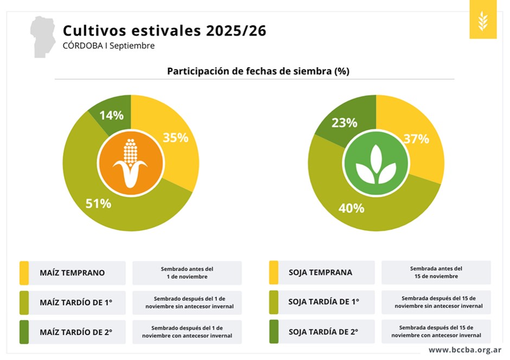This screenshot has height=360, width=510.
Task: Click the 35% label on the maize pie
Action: click(x=175, y=138)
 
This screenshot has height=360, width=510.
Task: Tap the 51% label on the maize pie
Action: click(x=98, y=204)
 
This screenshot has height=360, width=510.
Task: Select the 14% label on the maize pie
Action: click(x=111, y=115)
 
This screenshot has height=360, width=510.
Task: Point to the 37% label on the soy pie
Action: click(x=416, y=139)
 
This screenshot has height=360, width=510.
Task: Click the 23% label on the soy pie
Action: click(x=345, y=123)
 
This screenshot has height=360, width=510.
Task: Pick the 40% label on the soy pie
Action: click(x=351, y=208)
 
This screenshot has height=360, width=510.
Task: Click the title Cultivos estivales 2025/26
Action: click(x=164, y=30)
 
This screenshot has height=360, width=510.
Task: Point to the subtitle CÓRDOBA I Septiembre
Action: click(x=109, y=46)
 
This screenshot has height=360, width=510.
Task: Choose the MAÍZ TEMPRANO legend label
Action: click(x=72, y=273)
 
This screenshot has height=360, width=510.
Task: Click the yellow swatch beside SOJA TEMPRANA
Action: click(x=273, y=273)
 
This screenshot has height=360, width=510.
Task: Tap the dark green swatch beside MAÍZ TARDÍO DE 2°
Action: click(x=24, y=332)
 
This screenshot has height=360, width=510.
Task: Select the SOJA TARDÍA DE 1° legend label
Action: click(x=323, y=302)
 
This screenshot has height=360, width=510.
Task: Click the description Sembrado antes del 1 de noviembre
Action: click(x=187, y=273)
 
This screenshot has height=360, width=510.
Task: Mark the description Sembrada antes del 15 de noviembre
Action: click(x=436, y=272)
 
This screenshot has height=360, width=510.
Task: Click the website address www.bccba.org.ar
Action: click(x=465, y=350)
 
